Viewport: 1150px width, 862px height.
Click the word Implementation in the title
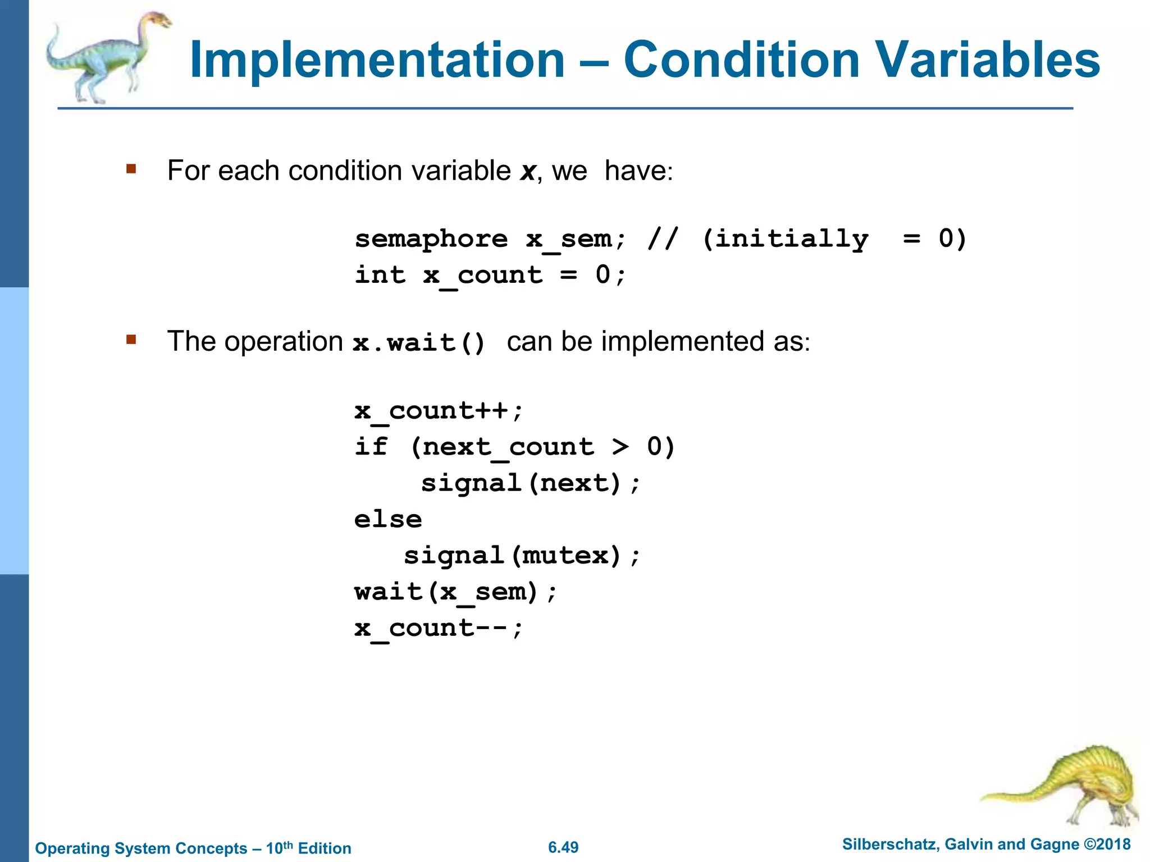(377, 61)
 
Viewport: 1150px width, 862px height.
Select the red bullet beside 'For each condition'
(131, 169)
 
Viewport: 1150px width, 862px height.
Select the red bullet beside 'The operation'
(131, 340)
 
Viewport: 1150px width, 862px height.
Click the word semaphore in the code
(431, 240)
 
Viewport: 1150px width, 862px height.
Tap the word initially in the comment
(785, 240)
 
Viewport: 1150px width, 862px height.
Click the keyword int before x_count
(380, 275)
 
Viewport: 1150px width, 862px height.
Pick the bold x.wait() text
(419, 342)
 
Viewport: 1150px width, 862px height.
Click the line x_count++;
(439, 411)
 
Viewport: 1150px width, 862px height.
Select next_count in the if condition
(508, 447)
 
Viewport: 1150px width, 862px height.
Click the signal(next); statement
(530, 483)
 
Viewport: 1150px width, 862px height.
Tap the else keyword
(388, 520)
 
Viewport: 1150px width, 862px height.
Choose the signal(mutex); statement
(522, 556)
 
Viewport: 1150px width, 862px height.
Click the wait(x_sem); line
(455, 592)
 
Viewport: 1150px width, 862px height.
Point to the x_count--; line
(439, 628)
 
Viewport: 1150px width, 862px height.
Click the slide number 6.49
(563, 847)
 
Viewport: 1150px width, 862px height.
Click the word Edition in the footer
(325, 849)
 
